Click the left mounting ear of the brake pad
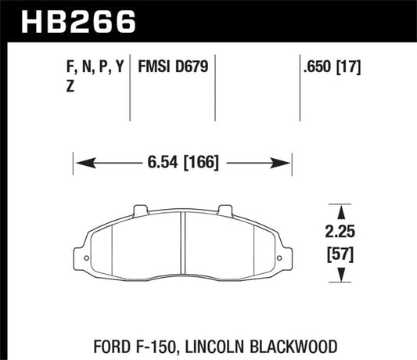(x=80, y=255)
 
